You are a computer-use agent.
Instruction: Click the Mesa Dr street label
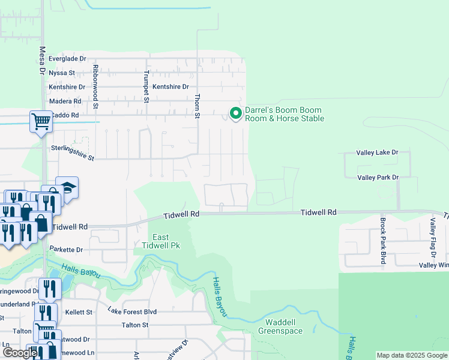(43, 61)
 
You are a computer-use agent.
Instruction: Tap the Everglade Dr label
(68, 59)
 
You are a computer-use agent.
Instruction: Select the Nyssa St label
(62, 73)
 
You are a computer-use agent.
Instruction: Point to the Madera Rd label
(65, 101)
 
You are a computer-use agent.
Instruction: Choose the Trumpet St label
(146, 86)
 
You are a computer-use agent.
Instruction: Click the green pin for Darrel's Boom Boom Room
(235, 113)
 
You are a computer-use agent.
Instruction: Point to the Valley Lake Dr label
(378, 153)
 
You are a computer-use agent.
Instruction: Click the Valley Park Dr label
(378, 178)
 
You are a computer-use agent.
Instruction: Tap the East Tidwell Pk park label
(160, 241)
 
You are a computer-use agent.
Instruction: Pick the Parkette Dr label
(75, 249)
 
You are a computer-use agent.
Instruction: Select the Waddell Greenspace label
(281, 326)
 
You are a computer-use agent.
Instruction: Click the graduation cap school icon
(67, 187)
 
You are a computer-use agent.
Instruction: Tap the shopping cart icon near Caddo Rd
(41, 121)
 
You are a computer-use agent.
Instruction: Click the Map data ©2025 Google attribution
(411, 355)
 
